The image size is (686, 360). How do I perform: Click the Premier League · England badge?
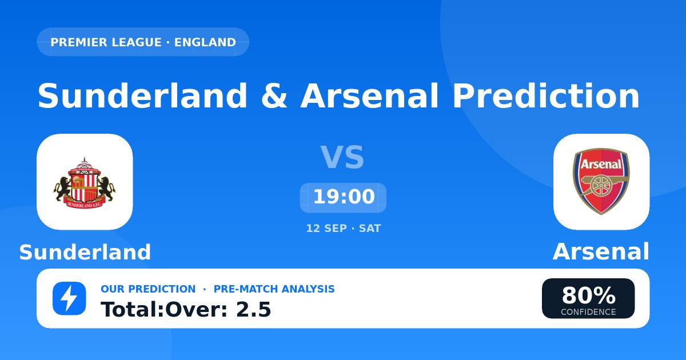[x=143, y=42]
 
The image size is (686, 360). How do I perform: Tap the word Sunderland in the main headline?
[x=142, y=96]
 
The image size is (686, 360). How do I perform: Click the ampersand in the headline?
[x=274, y=97]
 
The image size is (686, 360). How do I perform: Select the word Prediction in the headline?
[x=546, y=96]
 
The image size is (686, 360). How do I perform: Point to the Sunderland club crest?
[x=85, y=183]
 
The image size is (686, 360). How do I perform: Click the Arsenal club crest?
[x=601, y=182]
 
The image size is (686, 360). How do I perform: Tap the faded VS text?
[x=342, y=157]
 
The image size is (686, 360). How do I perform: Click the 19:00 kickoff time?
[x=344, y=197]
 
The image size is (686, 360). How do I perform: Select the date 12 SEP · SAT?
[x=344, y=229]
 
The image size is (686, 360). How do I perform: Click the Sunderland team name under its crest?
[x=85, y=252]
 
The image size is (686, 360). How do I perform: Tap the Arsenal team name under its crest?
[x=601, y=251]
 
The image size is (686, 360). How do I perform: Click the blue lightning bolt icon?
[x=69, y=298]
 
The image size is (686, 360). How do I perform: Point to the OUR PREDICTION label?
[x=148, y=289]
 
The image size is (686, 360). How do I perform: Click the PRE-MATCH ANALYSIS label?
[x=274, y=289]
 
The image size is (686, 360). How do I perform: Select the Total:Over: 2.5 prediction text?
[x=186, y=310]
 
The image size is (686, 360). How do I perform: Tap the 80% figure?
[x=589, y=295]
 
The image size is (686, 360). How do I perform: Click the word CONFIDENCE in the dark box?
[x=588, y=312]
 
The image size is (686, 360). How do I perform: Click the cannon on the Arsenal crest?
[x=599, y=186]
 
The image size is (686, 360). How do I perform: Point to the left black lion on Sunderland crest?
[x=63, y=189]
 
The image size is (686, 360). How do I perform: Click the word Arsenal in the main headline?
[x=370, y=96]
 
